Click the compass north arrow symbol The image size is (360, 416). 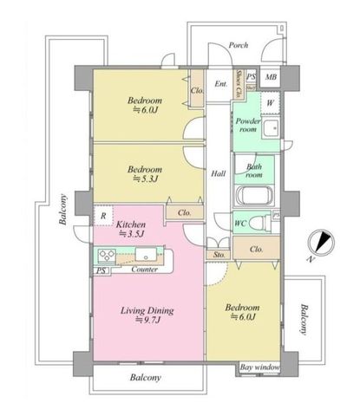pyautogui.click(x=322, y=242)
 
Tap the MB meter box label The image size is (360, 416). pyautogui.click(x=271, y=77)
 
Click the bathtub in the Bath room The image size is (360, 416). pyautogui.click(x=254, y=196)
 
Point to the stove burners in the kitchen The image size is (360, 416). pyautogui.click(x=107, y=255)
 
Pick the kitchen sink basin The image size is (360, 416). pyautogui.click(x=146, y=255)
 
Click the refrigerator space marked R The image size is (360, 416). pyautogui.click(x=103, y=216)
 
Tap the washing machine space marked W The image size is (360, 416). pyautogui.click(x=270, y=103)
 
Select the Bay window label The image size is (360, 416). pyautogui.click(x=260, y=367)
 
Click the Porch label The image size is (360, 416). pyautogui.click(x=239, y=45)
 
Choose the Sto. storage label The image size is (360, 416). pyautogui.click(x=219, y=255)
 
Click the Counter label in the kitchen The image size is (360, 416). pyautogui.click(x=145, y=270)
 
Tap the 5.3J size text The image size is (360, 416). pyautogui.click(x=145, y=179)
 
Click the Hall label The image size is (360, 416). pyautogui.click(x=219, y=173)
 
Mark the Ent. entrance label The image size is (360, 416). pyautogui.click(x=221, y=84)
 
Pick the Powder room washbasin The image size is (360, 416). pyautogui.click(x=271, y=128)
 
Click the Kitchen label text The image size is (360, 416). pyautogui.click(x=131, y=224)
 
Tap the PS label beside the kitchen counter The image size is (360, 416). pyautogui.click(x=101, y=271)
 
